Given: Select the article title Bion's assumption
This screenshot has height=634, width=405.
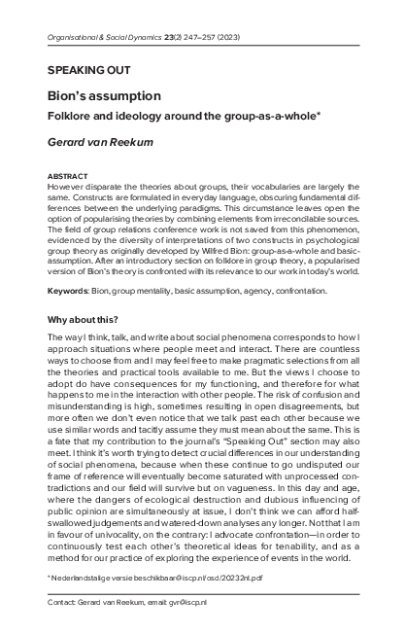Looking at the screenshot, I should (104, 97).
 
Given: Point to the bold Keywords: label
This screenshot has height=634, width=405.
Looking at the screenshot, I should (69, 290).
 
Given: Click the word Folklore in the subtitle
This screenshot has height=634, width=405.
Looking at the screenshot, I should (73, 117).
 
